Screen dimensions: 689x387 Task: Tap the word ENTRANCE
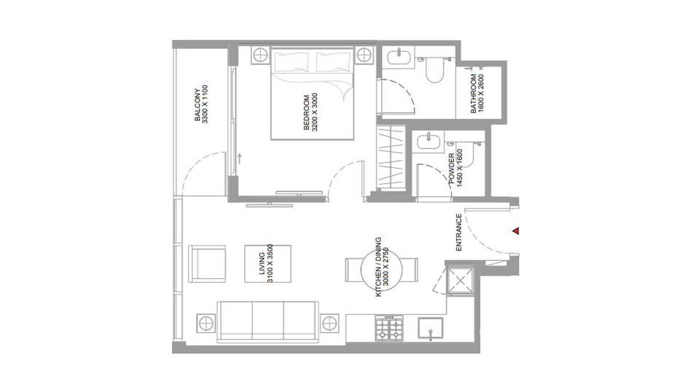point(458,232)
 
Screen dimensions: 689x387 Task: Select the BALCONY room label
point(198,105)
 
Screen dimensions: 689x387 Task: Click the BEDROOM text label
point(306,112)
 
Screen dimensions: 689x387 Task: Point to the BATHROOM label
point(473,94)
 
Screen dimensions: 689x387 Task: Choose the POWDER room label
point(452,168)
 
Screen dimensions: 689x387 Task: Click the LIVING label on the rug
point(262,263)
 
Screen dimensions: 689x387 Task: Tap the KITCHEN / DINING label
point(378,267)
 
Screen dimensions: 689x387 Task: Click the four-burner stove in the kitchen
point(389,328)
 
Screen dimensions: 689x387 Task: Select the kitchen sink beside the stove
point(430,328)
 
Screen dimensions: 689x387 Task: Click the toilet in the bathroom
point(435,70)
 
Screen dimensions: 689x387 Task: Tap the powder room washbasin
point(428,142)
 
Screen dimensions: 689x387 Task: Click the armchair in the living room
point(207,264)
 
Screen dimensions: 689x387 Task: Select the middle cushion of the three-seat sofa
point(268,320)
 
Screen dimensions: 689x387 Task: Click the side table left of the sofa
point(206,323)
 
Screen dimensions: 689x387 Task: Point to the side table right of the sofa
point(329,323)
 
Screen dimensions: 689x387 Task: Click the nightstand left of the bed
point(260,55)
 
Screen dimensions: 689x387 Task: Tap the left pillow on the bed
point(292,62)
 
